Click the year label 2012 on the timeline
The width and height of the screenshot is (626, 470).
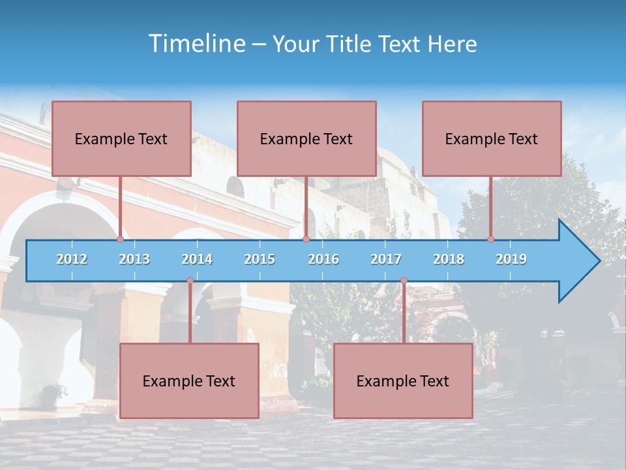(x=72, y=259)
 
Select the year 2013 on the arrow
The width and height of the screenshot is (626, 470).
(x=134, y=259)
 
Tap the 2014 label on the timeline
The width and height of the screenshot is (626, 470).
(x=197, y=259)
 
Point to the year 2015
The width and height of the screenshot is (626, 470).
(x=260, y=259)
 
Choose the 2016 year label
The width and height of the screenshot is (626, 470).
(x=323, y=259)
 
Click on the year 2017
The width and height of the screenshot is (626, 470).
(x=386, y=259)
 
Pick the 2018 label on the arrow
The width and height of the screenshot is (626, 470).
(x=449, y=259)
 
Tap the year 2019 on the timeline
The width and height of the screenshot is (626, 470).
(x=511, y=259)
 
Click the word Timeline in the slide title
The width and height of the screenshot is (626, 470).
(x=196, y=44)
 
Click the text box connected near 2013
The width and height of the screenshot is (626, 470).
(x=121, y=138)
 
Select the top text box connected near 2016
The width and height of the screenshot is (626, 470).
(x=306, y=138)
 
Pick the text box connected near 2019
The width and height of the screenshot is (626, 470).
(x=492, y=138)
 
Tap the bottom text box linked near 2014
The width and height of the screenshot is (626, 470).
(x=189, y=381)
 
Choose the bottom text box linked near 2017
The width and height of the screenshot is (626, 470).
(x=403, y=381)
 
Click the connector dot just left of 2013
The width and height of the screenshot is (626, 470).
(x=120, y=240)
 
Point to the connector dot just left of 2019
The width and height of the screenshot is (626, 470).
(x=490, y=240)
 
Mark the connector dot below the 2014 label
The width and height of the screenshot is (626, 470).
(x=190, y=281)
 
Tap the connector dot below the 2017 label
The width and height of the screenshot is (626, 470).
(x=404, y=281)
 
